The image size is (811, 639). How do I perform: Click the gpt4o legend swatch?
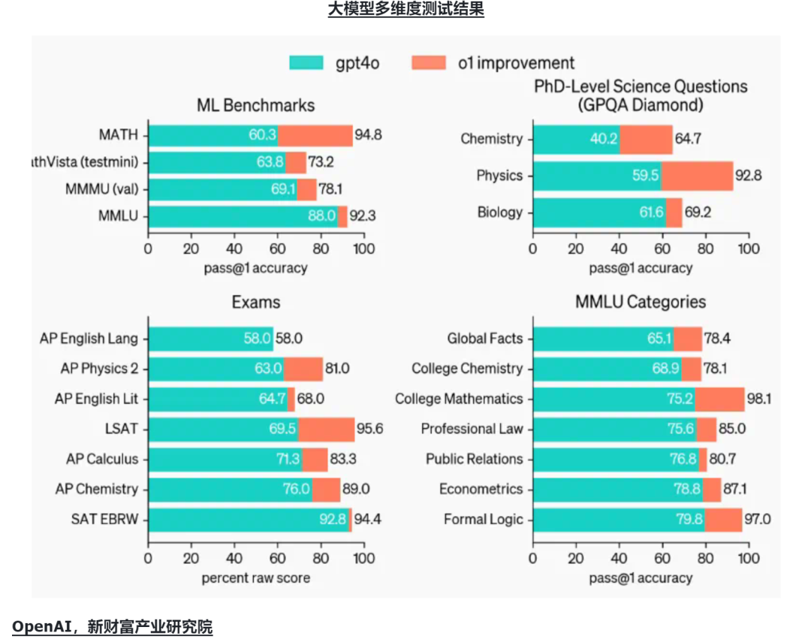(306, 62)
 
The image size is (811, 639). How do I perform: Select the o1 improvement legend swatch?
(429, 62)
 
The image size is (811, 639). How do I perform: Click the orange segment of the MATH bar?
(315, 135)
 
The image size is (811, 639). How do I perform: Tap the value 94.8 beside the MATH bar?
(369, 136)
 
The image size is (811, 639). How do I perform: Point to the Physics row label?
(499, 176)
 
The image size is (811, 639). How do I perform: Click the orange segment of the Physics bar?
(696, 176)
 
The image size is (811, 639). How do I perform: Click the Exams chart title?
(256, 303)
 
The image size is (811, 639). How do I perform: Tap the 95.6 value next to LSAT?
(369, 429)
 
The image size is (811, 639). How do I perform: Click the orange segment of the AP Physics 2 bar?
(303, 369)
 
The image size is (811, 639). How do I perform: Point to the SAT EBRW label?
(105, 519)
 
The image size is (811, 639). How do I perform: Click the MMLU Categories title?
(641, 302)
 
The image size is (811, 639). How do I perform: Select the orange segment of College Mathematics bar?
(719, 399)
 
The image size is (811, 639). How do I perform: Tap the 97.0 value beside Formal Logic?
(757, 519)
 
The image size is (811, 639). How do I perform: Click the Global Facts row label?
(484, 339)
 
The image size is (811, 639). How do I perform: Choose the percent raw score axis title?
(255, 578)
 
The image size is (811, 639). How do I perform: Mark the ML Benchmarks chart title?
(255, 105)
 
